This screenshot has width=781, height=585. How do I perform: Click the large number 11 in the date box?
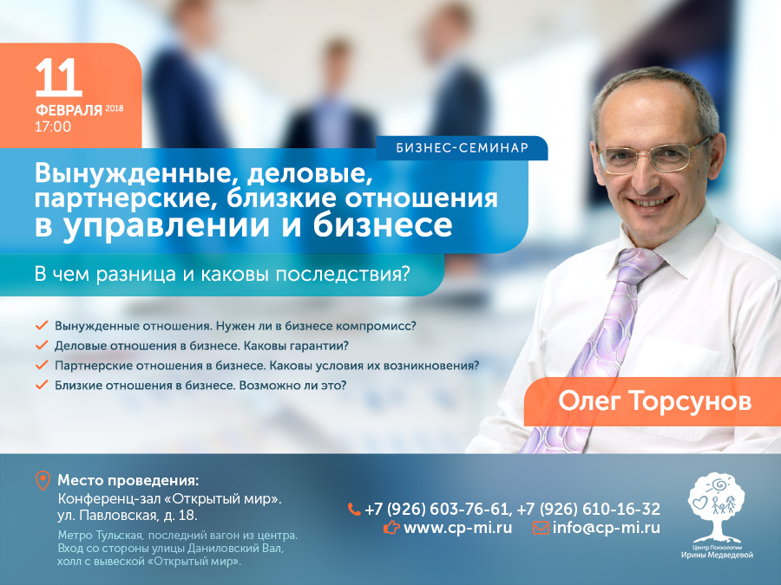tap(59, 77)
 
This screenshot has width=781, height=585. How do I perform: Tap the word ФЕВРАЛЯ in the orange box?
tap(69, 110)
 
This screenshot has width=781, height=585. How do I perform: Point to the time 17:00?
tap(53, 127)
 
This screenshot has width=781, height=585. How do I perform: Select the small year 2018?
tap(115, 108)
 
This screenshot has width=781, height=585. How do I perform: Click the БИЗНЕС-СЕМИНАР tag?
tap(462, 147)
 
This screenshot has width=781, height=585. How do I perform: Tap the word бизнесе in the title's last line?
tap(383, 224)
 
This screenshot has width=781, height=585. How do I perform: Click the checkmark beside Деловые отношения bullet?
tap(42, 345)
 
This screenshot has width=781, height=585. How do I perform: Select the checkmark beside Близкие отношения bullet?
tap(42, 385)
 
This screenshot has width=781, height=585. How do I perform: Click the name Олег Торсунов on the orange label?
tap(654, 401)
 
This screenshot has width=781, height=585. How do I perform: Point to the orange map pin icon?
tap(43, 481)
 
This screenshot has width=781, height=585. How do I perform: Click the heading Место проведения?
tap(128, 481)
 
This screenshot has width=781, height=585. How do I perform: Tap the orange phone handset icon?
tap(354, 510)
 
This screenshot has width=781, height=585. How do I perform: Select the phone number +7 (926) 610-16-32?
tap(588, 510)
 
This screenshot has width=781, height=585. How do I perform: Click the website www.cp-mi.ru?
tap(457, 527)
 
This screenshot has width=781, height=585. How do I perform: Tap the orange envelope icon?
tap(541, 527)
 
